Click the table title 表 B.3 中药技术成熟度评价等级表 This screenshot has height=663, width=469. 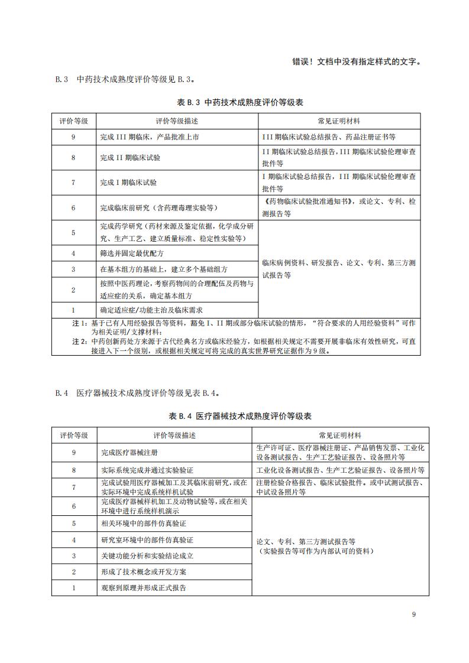240,102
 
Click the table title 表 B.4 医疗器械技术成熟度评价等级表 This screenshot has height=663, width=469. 240,417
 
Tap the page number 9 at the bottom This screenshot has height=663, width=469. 414,615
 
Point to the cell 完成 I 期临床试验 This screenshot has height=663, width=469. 129,183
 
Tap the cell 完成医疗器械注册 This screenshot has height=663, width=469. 130,453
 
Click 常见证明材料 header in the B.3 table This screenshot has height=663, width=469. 339,121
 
